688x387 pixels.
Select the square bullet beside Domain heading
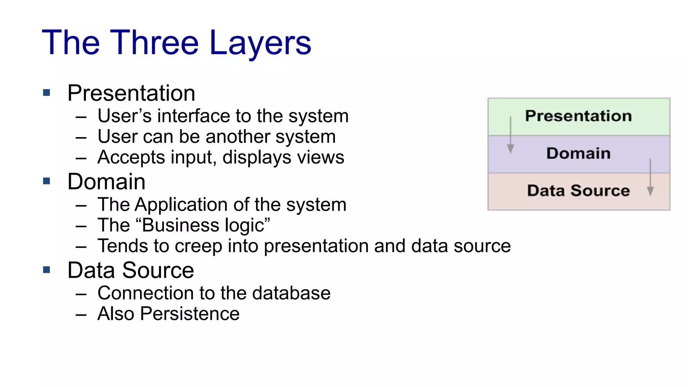(x=47, y=181)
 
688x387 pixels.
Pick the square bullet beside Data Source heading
(x=47, y=269)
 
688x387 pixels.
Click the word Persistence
(x=190, y=314)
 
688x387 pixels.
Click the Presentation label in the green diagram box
(x=578, y=116)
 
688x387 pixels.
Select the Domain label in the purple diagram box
(x=578, y=153)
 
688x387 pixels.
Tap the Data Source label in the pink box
(x=578, y=190)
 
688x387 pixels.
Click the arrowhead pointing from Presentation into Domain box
(x=510, y=149)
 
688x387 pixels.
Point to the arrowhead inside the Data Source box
(x=650, y=191)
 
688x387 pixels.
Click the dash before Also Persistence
(x=81, y=315)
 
